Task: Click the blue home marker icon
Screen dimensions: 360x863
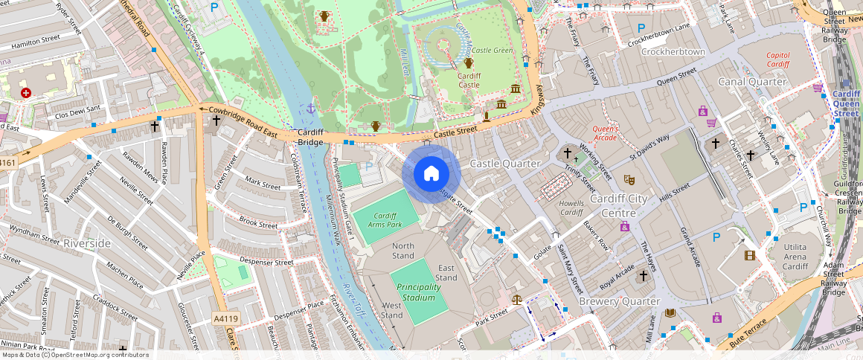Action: pos(431,174)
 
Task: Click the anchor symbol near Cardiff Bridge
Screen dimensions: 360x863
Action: pos(311,109)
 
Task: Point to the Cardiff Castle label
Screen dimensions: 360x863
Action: pos(469,80)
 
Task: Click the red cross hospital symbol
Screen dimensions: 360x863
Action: pos(27,93)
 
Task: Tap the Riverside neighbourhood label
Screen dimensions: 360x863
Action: pos(87,243)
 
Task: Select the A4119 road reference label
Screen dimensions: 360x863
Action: pos(226,319)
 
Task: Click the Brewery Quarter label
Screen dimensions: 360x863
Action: pos(619,301)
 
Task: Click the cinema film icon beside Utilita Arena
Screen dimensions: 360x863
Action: pos(750,255)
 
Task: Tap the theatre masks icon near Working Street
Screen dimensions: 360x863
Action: pos(629,179)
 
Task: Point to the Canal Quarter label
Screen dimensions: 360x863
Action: pos(751,81)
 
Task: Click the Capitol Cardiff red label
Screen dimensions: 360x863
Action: pos(777,60)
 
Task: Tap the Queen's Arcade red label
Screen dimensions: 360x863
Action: pos(605,132)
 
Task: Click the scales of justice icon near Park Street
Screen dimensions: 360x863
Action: pos(517,299)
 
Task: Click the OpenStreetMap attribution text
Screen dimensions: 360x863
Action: pos(74,355)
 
